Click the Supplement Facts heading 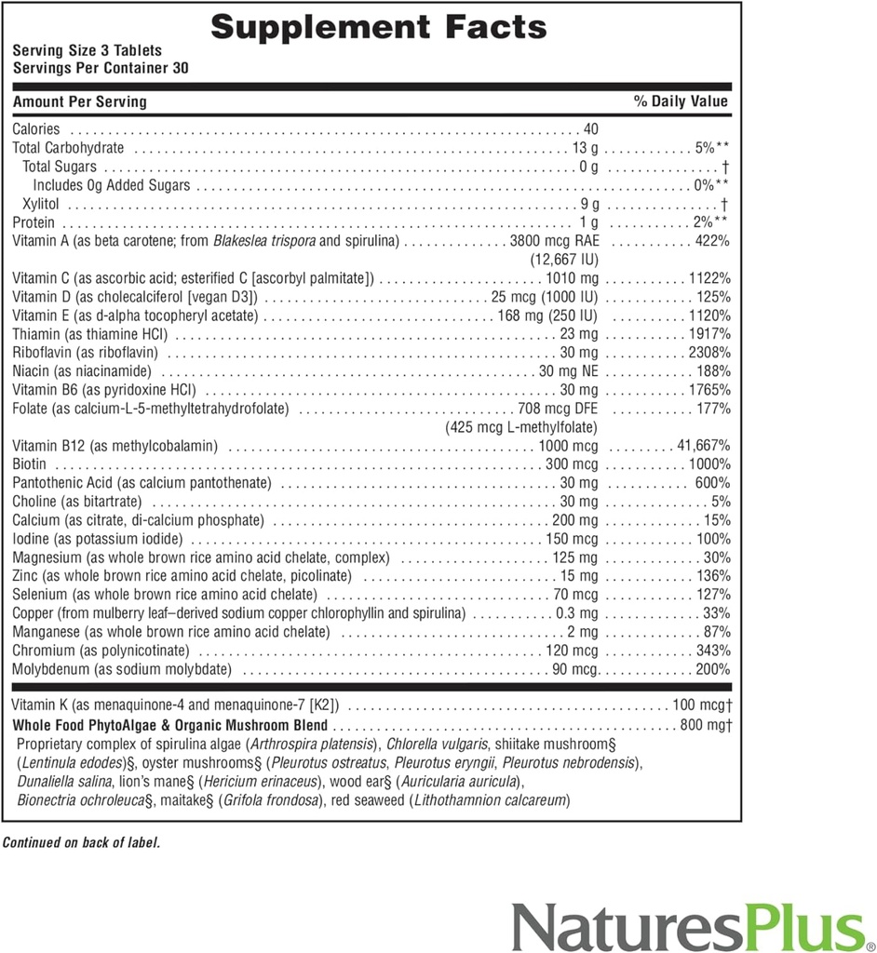378,27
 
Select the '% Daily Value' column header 681,101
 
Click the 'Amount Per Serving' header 79,101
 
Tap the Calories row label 36,129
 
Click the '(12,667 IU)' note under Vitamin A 563,259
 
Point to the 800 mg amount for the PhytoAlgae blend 706,725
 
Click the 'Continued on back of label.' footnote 81,842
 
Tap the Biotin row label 30,464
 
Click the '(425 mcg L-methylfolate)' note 521,427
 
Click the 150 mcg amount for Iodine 572,539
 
